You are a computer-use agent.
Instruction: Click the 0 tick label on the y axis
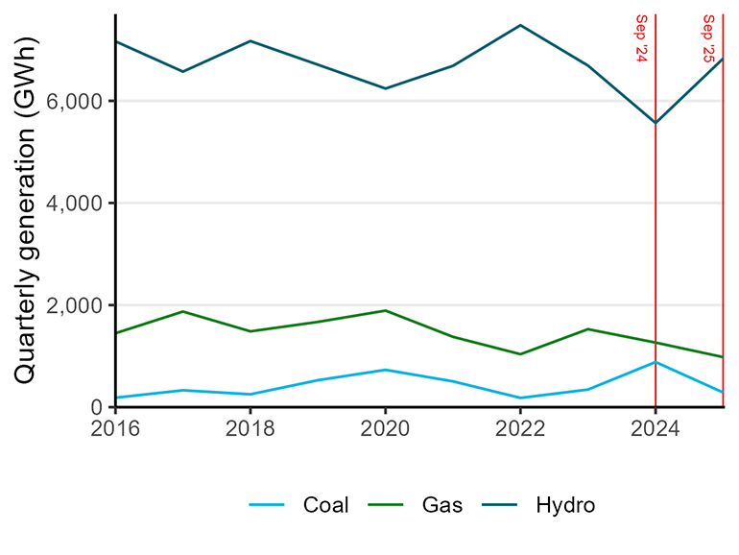[98, 407]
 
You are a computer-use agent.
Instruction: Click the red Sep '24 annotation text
[642, 38]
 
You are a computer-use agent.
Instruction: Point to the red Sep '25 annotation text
[709, 38]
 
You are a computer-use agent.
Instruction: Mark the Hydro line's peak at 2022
[520, 25]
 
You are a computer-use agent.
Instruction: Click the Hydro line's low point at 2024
[655, 123]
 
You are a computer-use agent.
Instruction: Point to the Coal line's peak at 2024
[655, 362]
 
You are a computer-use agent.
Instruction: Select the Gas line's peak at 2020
[385, 310]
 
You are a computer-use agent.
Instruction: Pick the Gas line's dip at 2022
[520, 354]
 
